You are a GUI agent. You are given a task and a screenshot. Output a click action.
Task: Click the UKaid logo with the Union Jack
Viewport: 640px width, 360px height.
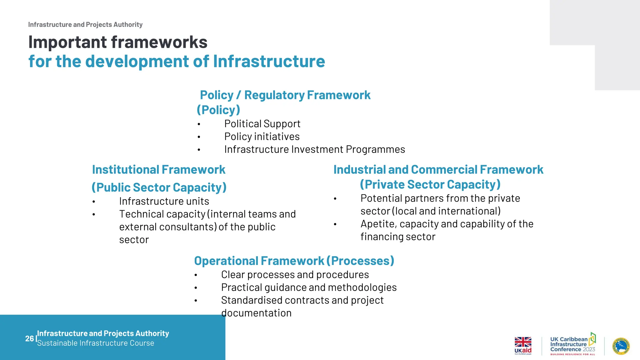(523, 345)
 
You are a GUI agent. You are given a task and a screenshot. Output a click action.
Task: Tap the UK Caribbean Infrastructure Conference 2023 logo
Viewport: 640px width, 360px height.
(572, 344)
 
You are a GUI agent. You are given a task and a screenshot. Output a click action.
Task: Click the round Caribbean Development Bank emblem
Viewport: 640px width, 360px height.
(621, 346)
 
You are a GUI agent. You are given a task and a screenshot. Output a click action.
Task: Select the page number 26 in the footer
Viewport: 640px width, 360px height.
(29, 338)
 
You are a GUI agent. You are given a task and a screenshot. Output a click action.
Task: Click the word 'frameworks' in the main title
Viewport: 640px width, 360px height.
(159, 42)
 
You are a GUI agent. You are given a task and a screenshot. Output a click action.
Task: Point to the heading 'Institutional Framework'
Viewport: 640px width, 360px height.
(158, 170)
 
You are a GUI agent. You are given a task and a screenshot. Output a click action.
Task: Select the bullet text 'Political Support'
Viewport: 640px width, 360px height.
(262, 124)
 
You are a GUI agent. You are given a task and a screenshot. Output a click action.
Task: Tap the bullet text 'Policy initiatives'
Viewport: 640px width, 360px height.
(262, 137)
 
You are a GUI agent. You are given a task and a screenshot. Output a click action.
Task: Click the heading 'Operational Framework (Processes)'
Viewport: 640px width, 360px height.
(294, 261)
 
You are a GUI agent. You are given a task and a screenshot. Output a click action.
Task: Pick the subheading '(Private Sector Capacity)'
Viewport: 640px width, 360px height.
(430, 184)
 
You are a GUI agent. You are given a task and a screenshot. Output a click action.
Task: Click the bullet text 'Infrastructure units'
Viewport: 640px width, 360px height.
(164, 201)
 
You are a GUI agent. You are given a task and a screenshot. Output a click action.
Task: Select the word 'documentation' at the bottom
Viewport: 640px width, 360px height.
(256, 313)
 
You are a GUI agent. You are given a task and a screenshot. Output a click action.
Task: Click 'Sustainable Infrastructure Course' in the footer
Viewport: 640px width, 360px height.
(95, 343)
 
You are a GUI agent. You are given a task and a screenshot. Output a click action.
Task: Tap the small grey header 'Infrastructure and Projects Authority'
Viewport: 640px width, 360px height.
(85, 25)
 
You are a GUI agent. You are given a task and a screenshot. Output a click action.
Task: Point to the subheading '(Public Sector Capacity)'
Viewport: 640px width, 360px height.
(159, 187)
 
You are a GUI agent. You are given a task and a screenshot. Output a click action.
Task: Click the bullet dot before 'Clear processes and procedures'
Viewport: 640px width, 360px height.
(196, 275)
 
